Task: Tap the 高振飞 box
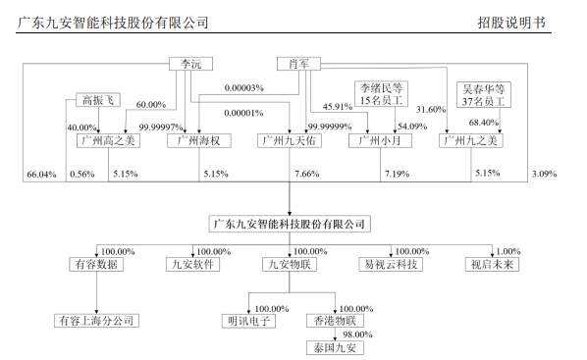pos(99,100)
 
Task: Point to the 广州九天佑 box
pos(291,140)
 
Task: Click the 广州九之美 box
pos(472,140)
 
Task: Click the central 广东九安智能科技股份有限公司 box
pos(292,225)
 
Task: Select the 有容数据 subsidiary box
pos(94,264)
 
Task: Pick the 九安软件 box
pos(192,264)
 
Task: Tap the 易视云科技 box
pos(391,264)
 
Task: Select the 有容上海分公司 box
pos(94,321)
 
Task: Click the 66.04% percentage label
pos(40,174)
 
